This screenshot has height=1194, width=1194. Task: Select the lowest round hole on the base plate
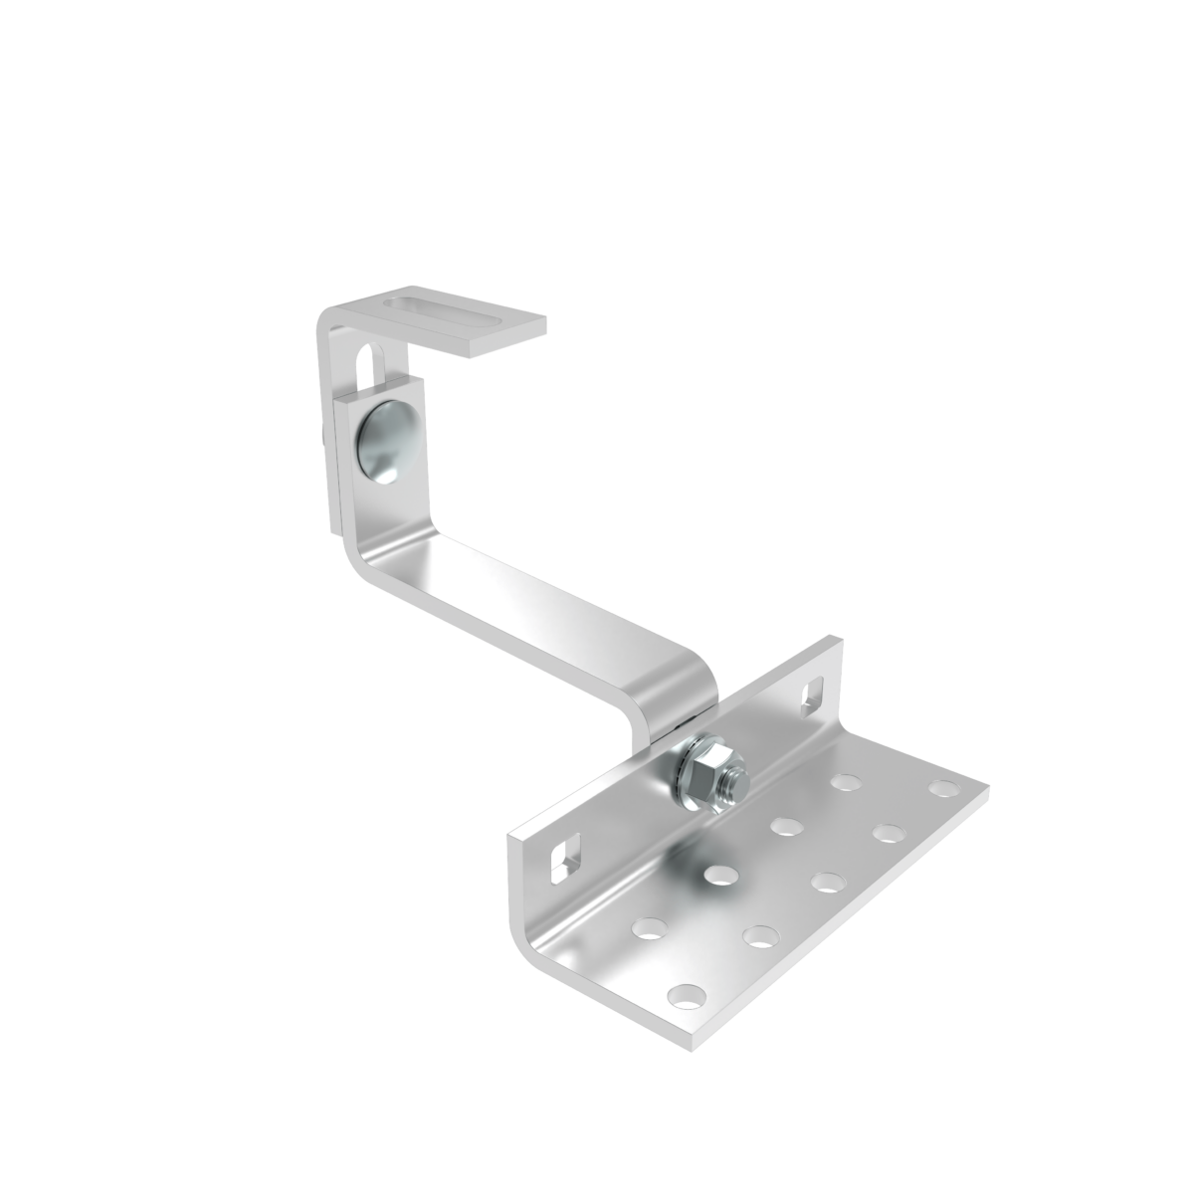(x=686, y=994)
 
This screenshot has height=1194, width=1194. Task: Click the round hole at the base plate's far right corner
(x=940, y=789)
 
